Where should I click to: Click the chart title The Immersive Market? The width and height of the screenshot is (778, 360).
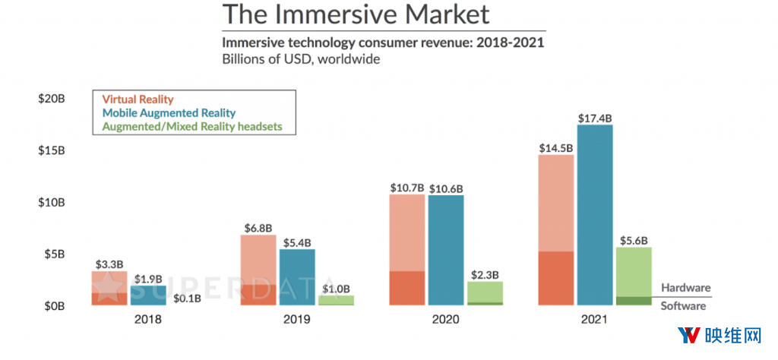356,14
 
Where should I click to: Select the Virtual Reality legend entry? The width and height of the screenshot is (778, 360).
138,99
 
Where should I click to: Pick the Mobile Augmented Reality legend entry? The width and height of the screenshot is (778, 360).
169,112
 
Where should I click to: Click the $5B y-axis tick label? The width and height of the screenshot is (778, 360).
55,254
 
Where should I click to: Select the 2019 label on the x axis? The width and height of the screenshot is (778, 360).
296,320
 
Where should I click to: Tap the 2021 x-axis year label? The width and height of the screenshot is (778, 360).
594,320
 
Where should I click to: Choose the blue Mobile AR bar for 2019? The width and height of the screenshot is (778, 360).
297,277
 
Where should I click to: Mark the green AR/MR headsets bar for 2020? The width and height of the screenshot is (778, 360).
485,293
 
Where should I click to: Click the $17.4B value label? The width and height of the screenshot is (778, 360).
594,118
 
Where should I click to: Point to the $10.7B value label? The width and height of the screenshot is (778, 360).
406,188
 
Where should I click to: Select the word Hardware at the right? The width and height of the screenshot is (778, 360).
685,288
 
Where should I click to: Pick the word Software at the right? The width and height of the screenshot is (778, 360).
683,306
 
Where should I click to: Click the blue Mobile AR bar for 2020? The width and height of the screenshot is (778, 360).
445,251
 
